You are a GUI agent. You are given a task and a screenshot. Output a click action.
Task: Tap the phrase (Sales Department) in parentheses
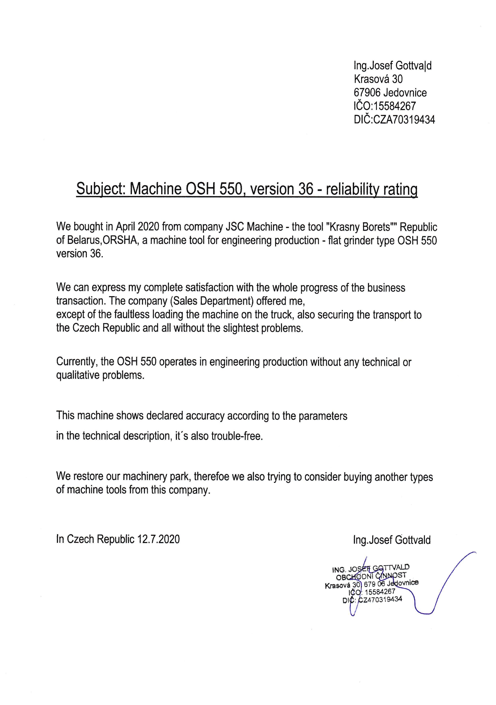point(212,301)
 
